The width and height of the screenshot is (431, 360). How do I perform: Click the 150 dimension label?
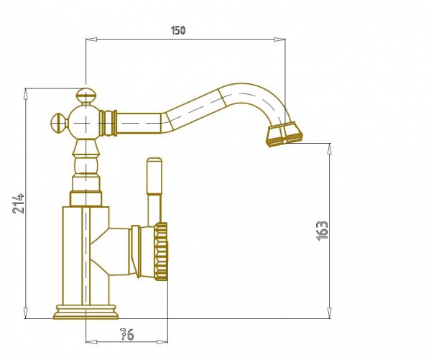(178, 30)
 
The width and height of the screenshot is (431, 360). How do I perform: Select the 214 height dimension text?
(19, 204)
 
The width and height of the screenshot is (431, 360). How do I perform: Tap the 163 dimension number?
(322, 231)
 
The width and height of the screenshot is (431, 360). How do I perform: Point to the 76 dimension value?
(127, 334)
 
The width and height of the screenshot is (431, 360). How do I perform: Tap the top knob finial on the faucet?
(86, 96)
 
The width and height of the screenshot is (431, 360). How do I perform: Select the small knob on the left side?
(59, 123)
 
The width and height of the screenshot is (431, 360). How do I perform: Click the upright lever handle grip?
(154, 176)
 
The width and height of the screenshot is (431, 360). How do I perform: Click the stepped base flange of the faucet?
(86, 312)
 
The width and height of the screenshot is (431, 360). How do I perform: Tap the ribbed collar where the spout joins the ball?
(108, 123)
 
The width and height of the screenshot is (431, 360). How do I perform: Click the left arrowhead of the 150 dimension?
(91, 40)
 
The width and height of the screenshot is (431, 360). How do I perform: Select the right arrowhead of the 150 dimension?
(279, 40)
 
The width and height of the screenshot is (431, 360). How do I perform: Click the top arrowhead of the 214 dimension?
(26, 94)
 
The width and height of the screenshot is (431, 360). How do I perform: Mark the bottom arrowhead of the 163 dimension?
(329, 313)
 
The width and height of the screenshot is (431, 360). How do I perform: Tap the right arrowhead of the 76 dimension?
(162, 342)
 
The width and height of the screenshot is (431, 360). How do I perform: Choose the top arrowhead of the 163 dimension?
(329, 149)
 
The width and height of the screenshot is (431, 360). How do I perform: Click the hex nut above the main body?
(85, 198)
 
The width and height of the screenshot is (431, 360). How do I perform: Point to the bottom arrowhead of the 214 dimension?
(26, 313)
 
